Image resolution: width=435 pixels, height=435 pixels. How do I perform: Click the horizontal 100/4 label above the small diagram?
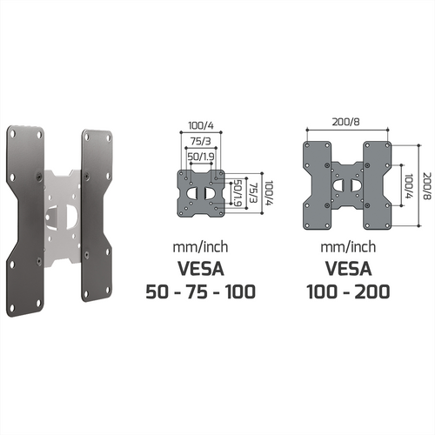point(201,125)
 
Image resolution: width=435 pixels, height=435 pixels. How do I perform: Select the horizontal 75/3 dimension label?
point(201,141)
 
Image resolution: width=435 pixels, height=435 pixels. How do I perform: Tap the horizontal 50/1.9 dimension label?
point(201,157)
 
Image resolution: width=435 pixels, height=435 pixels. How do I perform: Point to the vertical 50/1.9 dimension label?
point(238,193)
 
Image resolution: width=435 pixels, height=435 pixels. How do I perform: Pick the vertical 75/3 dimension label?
point(253,193)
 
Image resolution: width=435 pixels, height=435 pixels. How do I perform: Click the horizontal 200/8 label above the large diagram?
point(346,122)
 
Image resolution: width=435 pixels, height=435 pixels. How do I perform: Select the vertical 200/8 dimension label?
point(427,186)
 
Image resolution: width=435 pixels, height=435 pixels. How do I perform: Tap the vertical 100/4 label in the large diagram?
point(409,186)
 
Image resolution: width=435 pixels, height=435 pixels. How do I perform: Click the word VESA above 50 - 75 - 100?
point(201,269)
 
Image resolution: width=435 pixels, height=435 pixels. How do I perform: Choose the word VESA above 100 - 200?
point(348,269)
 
